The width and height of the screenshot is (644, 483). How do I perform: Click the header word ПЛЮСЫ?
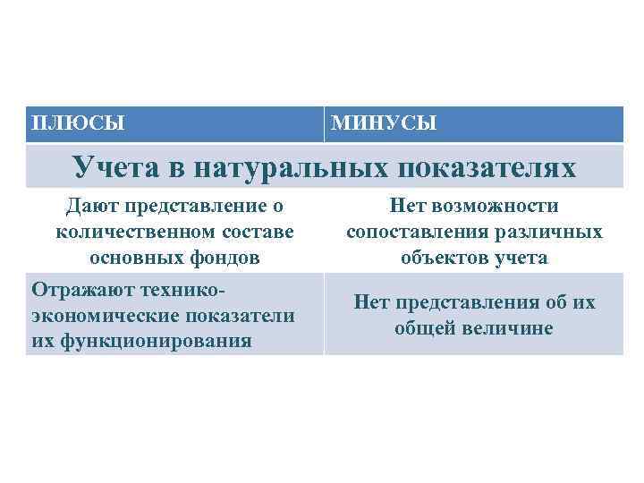[77, 122]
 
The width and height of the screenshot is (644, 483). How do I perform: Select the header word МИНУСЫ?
[384, 123]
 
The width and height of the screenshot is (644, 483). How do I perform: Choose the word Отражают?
[77, 291]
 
